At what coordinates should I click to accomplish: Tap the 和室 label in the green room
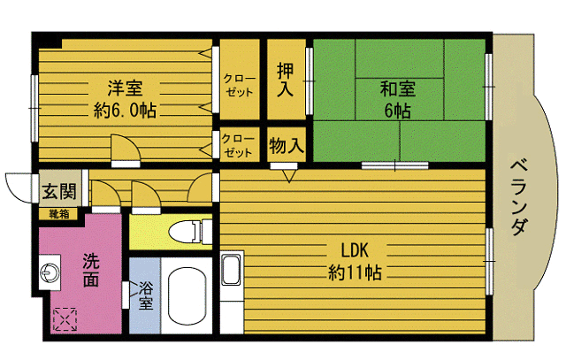[x=397, y=88]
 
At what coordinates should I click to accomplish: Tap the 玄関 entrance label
[x=57, y=192]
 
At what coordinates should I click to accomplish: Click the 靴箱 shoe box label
[x=57, y=213]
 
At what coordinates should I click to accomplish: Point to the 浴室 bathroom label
[x=146, y=295]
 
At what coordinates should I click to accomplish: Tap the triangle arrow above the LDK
[x=288, y=177]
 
